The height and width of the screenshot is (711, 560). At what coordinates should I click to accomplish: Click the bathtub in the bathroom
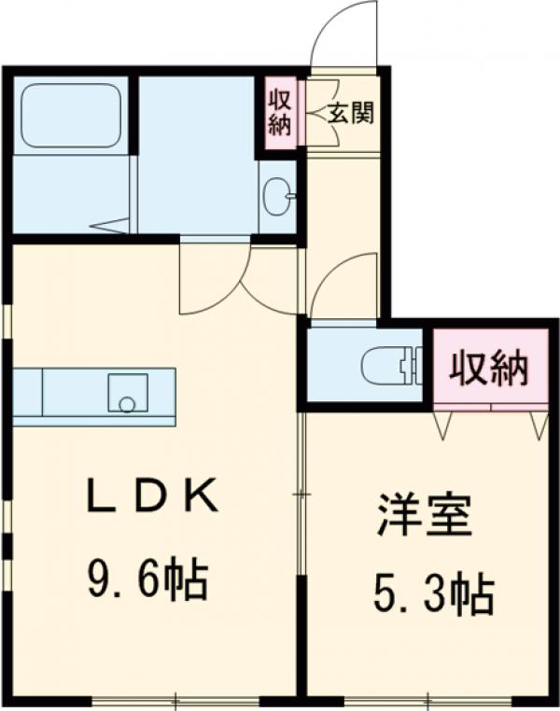pos(72,115)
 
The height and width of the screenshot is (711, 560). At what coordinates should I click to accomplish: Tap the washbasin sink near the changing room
pos(274,196)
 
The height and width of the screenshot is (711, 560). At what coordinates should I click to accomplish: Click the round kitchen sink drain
pos(127,403)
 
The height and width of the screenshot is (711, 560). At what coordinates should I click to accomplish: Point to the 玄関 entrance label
pos(351,113)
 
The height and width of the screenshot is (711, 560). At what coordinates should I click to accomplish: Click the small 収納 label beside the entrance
pos(279,113)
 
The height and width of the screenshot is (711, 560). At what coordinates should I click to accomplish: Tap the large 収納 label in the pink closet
pos(489,368)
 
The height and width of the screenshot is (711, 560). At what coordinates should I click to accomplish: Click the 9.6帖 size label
pos(147,579)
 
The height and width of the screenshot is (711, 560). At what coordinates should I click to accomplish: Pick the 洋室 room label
pos(424,516)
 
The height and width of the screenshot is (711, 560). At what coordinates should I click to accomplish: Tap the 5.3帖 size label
pos(433,593)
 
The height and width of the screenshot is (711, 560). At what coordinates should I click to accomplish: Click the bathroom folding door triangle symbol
pos(110,226)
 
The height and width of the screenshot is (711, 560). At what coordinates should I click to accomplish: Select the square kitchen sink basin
pos(128,393)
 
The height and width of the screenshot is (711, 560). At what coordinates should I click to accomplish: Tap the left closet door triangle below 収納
pos(442,425)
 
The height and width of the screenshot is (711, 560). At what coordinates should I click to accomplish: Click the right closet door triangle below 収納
pos(539,425)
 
